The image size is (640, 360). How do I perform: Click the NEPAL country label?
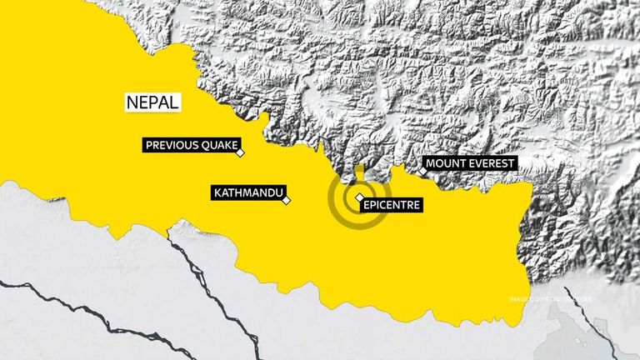(152, 102)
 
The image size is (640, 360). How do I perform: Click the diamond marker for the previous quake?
(240, 153)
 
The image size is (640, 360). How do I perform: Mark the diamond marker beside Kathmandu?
(287, 200)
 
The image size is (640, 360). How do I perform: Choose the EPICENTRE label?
(390, 203)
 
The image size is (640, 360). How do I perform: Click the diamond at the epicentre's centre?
(359, 197)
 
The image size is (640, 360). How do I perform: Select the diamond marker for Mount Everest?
(422, 172)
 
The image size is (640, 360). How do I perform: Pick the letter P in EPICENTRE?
(372, 203)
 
